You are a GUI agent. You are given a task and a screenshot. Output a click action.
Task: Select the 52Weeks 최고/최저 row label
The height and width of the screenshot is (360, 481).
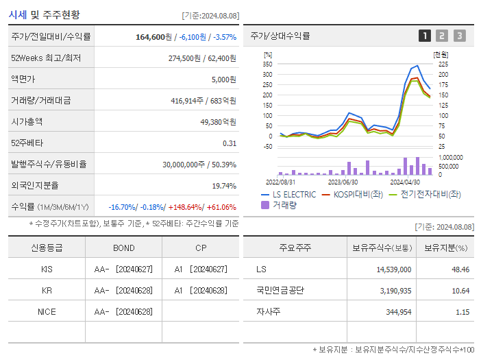pyautogui.click(x=46, y=58)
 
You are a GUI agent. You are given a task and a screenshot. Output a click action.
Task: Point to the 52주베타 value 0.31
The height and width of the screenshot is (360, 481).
pyautogui.click(x=229, y=143)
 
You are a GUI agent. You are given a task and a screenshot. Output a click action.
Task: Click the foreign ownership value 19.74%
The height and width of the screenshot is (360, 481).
pyautogui.click(x=223, y=186)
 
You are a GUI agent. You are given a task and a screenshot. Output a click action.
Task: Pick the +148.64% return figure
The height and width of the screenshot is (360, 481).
pyautogui.click(x=184, y=207)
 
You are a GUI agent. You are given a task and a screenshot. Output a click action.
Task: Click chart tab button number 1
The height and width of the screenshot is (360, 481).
pyautogui.click(x=425, y=36)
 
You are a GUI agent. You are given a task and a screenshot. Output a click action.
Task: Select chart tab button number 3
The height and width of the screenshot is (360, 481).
pyautogui.click(x=459, y=36)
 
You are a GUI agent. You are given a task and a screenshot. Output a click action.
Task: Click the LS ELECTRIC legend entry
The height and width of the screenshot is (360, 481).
pyautogui.click(x=288, y=195)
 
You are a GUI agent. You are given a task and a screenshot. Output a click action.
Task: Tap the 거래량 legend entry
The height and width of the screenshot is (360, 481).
pyautogui.click(x=280, y=204)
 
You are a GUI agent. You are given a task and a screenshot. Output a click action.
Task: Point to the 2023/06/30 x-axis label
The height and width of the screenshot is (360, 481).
pyautogui.click(x=343, y=182)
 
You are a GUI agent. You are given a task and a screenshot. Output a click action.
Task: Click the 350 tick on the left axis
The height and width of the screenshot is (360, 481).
pyautogui.click(x=267, y=64)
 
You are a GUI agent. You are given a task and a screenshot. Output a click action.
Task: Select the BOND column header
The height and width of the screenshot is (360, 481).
pyautogui.click(x=123, y=248)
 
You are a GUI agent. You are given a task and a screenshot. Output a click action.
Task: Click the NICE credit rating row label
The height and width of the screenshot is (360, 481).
pyautogui.click(x=47, y=312)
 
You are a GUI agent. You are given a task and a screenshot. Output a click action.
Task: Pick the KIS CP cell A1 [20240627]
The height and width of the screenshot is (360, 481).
pyautogui.click(x=201, y=269)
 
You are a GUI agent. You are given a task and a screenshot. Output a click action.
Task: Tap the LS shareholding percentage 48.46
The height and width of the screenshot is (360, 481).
pyautogui.click(x=460, y=269)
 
